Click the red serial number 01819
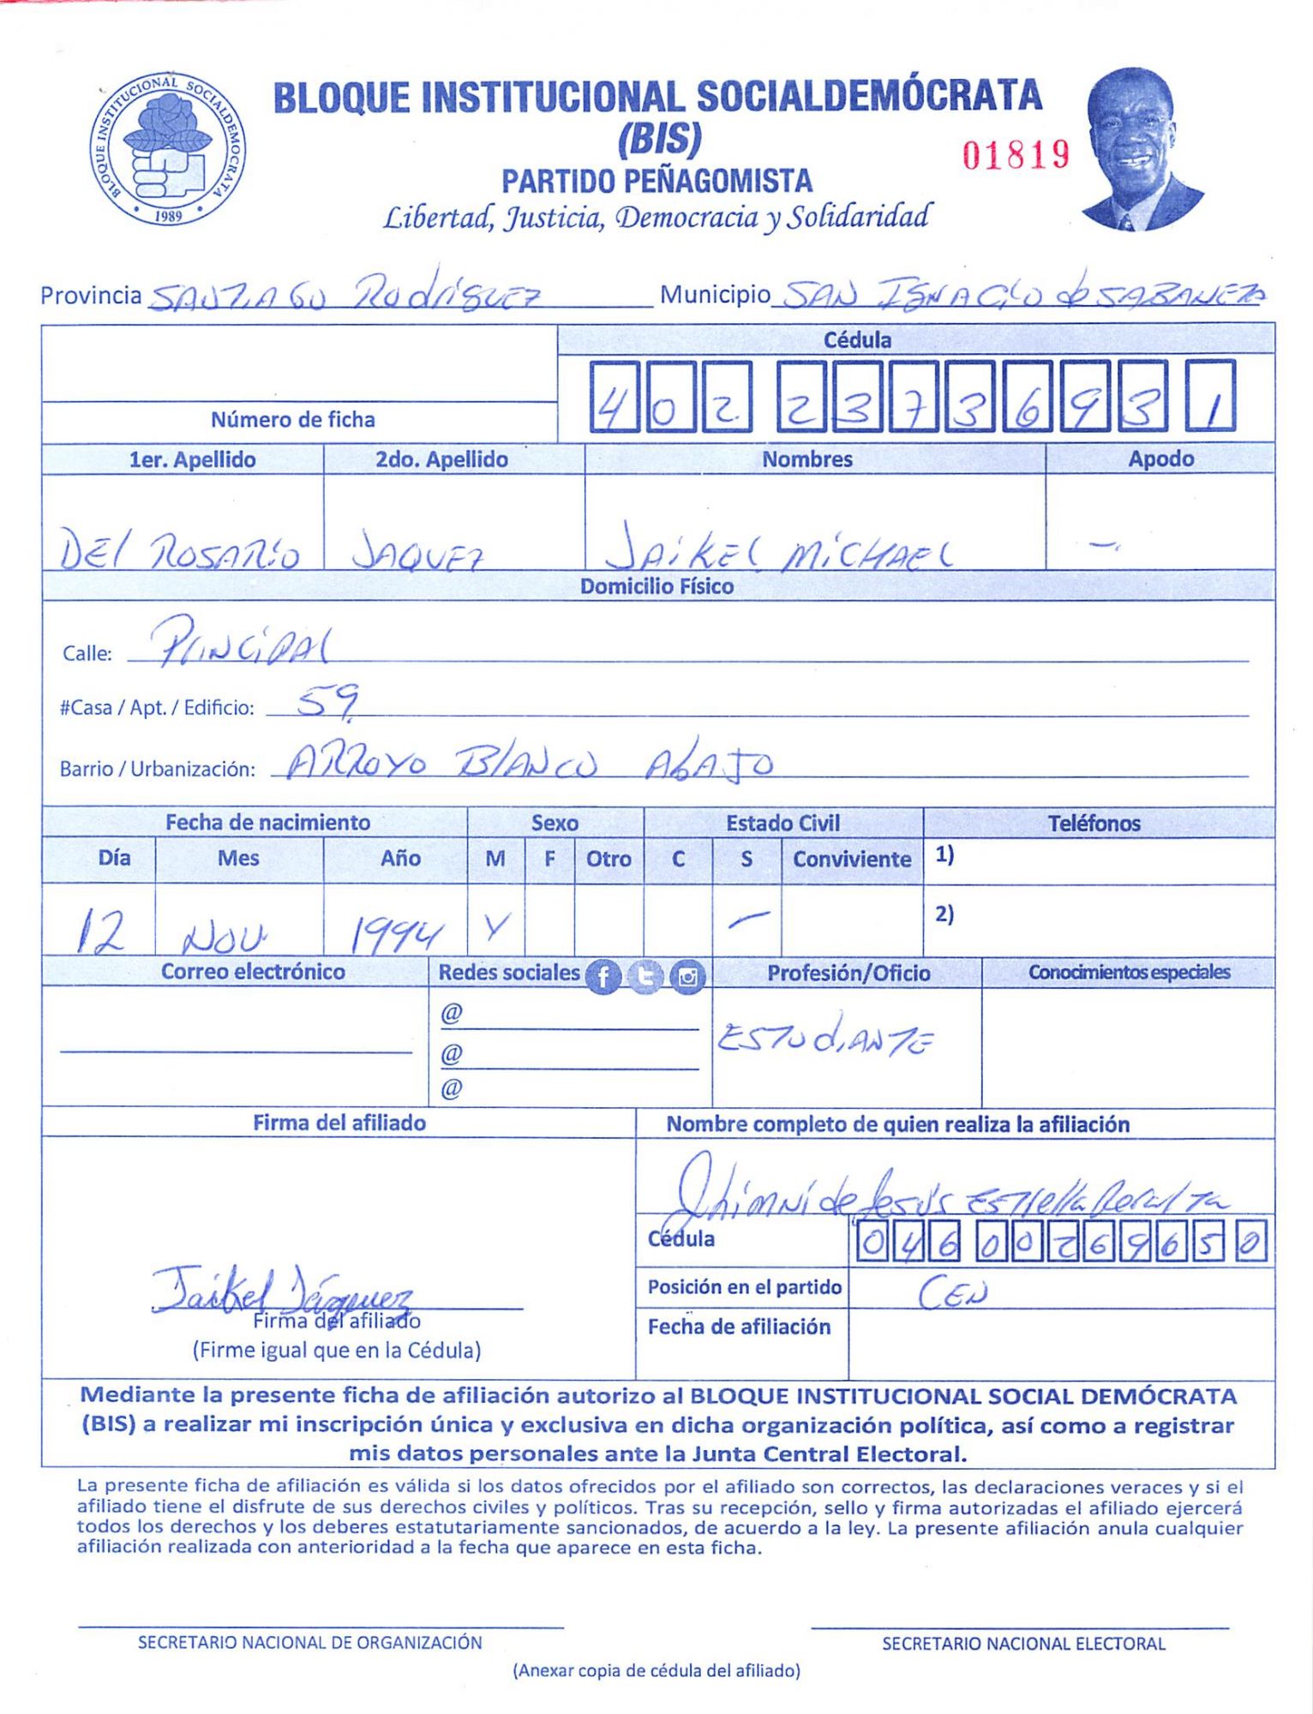1016,155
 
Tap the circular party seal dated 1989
168,148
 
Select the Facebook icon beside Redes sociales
603,977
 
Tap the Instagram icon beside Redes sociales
687,977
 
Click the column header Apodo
1160,458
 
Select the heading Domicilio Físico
656,586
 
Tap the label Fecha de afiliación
739,1327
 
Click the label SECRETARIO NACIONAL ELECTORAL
1023,1643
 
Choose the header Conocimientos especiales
1129,972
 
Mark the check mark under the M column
496,925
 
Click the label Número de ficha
293,419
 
